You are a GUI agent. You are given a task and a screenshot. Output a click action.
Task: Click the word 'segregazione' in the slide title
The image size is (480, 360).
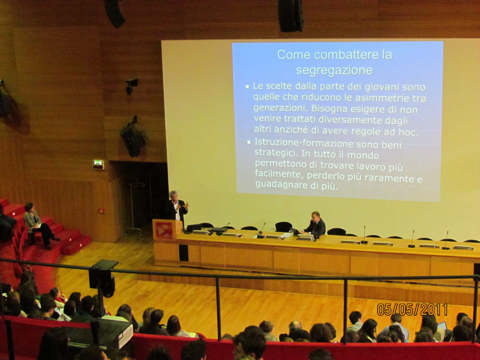tap(334, 70)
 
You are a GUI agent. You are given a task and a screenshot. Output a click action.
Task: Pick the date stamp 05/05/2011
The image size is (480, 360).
tap(412, 309)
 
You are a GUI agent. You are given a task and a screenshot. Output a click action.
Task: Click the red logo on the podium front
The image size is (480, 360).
tap(164, 230)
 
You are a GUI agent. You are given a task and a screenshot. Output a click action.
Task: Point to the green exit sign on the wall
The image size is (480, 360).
tap(98, 164)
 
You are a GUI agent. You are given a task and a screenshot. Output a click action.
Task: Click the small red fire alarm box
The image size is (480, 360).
tap(101, 211)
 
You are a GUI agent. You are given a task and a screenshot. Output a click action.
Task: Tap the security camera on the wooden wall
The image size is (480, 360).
tap(131, 85)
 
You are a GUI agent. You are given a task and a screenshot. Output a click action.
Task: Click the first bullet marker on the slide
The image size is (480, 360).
tap(247, 87)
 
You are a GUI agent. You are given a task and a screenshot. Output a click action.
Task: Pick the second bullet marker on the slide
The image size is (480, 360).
tap(249, 142)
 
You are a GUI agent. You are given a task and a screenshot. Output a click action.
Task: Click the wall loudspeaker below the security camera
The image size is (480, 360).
tap(134, 138)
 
